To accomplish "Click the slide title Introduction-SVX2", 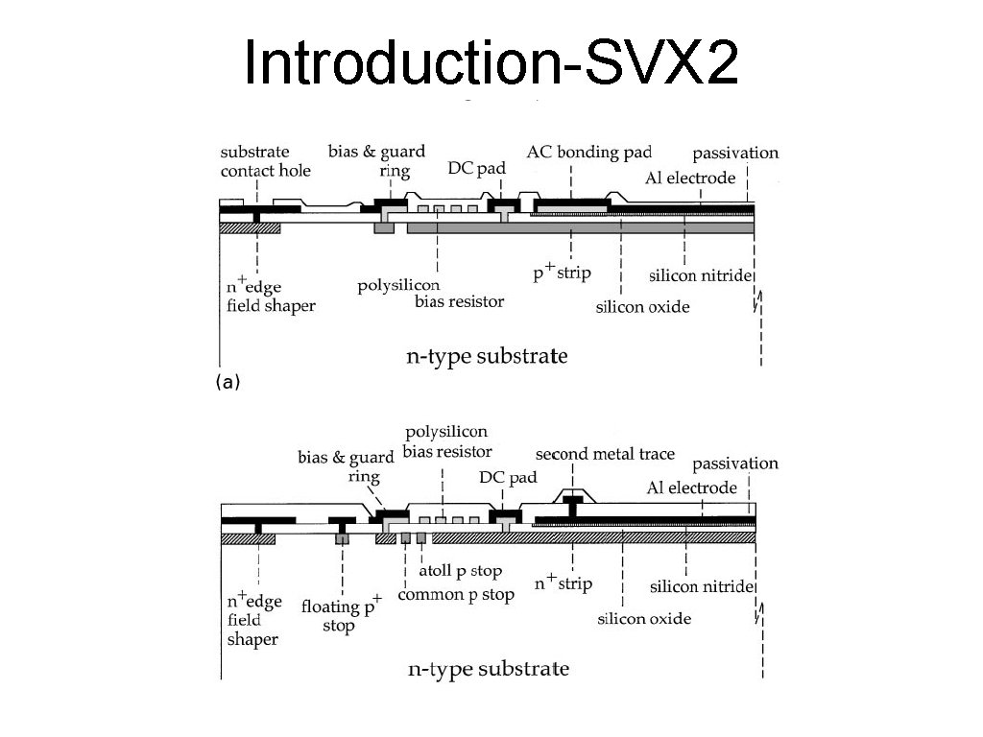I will pos(491,62).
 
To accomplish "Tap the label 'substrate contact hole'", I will pos(265,161).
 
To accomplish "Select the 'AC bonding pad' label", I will pos(589,152).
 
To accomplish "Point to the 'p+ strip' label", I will pos(563,272).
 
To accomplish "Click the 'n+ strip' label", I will pos(563,582).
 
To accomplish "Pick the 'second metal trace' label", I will pos(605,454).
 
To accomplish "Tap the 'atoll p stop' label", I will pos(461,572).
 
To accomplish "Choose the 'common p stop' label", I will pos(456,595).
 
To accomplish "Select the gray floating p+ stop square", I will pos(341,539).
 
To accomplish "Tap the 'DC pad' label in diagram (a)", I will pos(477,168).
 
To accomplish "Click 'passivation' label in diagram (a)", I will pos(735,153).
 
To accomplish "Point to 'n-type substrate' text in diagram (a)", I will pos(487,357).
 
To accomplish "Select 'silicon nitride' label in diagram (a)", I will pos(701,276).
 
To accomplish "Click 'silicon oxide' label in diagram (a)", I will pos(643,307).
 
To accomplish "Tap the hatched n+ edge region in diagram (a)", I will pos(250,228).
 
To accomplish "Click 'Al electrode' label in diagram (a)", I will pos(691,178).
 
